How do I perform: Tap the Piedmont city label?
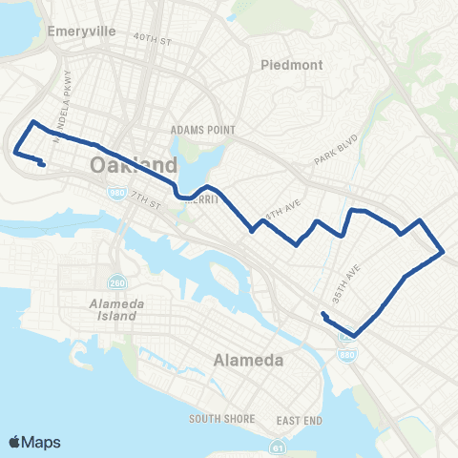(x=292, y=66)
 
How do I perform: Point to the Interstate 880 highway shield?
(x=346, y=354)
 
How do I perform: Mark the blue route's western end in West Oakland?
(x=43, y=164)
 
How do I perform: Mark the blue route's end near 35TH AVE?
(x=324, y=314)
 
